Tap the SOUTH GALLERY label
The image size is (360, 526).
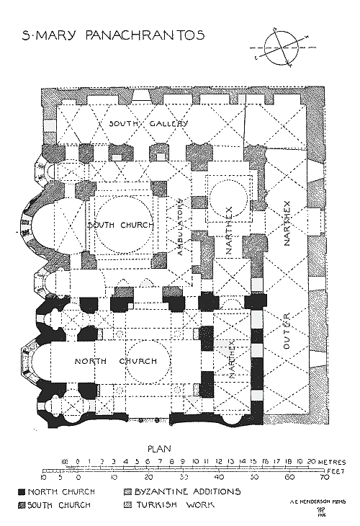click(x=148, y=123)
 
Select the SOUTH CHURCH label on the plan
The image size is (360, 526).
click(x=120, y=226)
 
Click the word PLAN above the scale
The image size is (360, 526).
click(x=161, y=448)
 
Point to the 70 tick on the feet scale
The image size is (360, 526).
click(x=323, y=478)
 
